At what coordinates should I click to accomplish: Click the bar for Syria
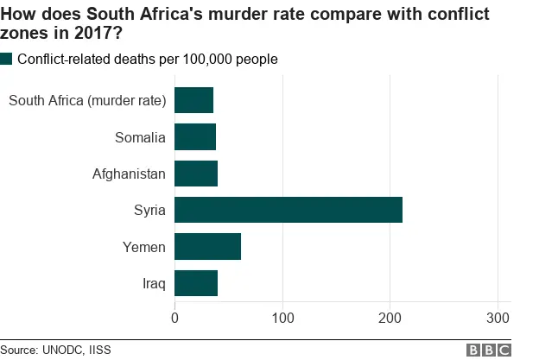289,210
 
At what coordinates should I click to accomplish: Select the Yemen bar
207,246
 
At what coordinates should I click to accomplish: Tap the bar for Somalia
195,137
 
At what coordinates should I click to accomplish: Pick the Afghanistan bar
196,174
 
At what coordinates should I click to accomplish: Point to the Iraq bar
196,283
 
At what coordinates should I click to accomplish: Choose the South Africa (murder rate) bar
193,100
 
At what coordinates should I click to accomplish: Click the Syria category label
149,211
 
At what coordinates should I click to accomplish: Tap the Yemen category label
143,247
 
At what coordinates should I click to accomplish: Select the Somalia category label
140,137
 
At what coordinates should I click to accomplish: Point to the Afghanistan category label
129,174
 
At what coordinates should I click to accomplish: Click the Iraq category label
154,283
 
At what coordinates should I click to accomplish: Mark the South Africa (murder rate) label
86,101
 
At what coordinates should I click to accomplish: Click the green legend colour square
7,59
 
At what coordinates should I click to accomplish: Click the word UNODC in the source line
61,350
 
